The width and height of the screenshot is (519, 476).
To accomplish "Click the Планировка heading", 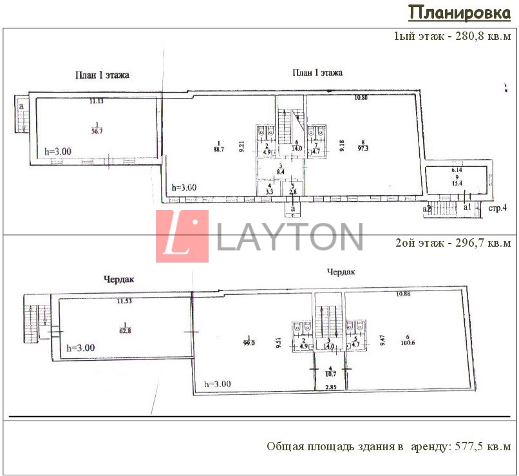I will coord(460,13).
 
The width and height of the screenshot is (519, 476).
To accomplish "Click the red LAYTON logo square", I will coord(182,236).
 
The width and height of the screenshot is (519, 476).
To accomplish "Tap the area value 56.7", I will coord(97,129).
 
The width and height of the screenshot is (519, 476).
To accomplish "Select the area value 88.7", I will coord(218,149).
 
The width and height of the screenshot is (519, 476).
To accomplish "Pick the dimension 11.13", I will coord(97,101).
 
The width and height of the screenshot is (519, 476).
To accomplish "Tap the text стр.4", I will coord(498,208).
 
